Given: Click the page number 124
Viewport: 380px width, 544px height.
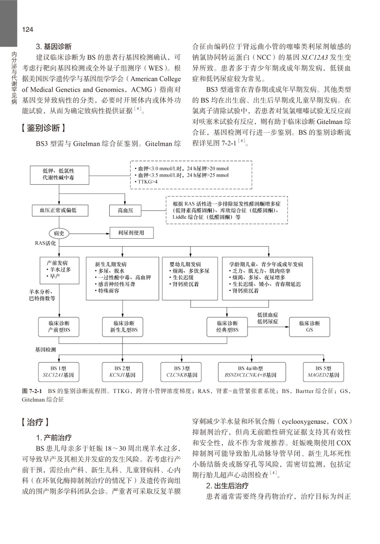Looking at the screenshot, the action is [27, 30].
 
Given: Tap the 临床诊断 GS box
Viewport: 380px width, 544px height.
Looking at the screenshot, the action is [310, 327].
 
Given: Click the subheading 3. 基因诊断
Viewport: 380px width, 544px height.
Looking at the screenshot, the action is [54, 47].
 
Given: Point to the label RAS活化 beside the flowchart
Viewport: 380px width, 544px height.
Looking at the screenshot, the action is [46, 243].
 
